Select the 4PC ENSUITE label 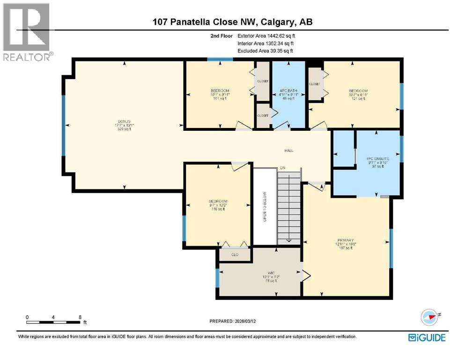pyautogui.click(x=377, y=159)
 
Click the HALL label pyautogui.click(x=289, y=150)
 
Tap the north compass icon pyautogui.click(x=429, y=317)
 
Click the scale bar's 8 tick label pyautogui.click(x=80, y=317)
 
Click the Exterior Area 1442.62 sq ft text pyautogui.click(x=266, y=36)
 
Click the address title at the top pyautogui.click(x=232, y=22)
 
